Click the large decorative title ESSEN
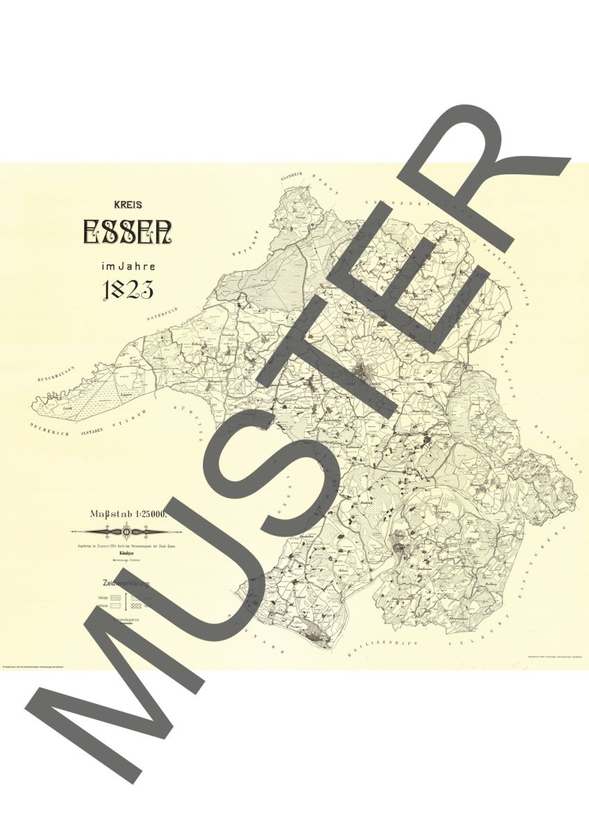pos(127,232)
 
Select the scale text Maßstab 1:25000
pos(126,514)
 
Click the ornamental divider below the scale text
pos(126,532)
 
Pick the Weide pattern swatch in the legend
pos(116,596)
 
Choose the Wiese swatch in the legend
pos(116,606)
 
